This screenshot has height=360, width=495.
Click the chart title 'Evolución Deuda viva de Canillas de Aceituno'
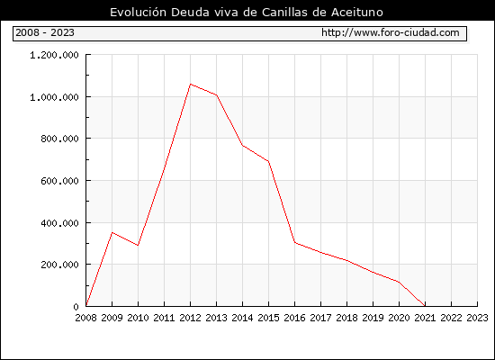247,13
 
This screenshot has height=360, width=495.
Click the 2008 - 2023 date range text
45,32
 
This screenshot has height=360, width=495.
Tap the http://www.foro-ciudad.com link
391,32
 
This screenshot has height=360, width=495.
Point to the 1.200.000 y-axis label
54,55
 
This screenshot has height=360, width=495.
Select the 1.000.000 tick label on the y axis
54,97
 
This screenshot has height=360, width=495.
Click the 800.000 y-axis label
59,139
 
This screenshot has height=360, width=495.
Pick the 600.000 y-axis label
59,181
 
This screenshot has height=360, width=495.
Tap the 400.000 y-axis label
59,223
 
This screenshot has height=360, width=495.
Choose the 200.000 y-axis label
59,265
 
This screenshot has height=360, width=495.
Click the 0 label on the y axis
76,307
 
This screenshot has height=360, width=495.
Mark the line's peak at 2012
191,84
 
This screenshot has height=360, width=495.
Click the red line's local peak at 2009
112,233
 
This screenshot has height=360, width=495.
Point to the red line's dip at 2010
138,245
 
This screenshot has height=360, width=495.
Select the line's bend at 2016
294,242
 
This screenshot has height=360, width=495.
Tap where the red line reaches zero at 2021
425,306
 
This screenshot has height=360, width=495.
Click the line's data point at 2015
269,161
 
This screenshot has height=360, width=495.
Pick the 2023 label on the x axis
477,318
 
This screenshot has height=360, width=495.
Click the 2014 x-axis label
242,318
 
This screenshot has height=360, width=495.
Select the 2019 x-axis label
373,318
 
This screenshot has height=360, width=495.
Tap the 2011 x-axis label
164,318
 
